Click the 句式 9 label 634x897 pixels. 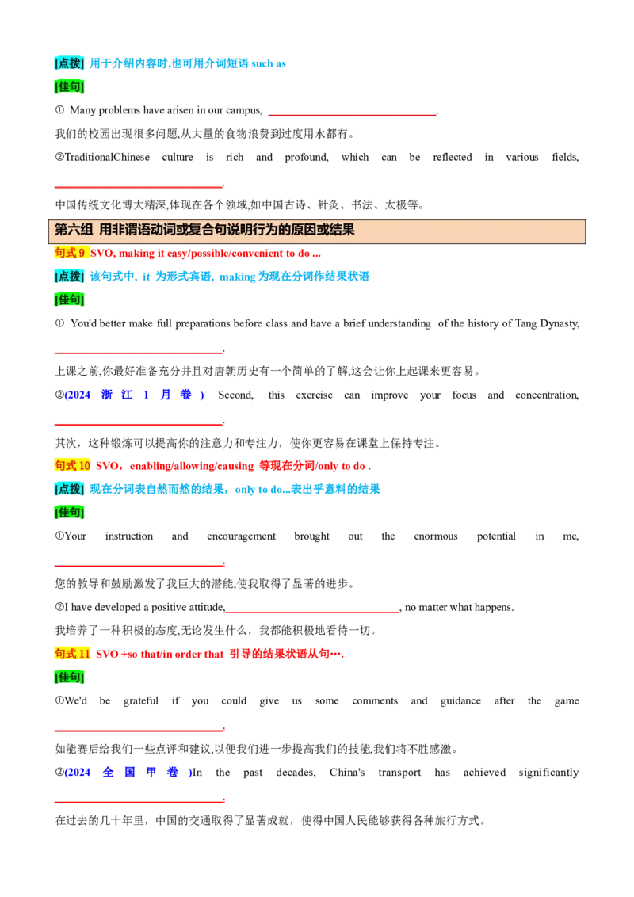(71, 253)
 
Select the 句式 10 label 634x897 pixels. (72, 465)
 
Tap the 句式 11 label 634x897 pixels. (72, 654)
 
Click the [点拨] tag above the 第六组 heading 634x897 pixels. (69, 63)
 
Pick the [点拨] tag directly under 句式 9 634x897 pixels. (69, 276)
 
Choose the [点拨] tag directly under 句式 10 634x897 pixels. (69, 489)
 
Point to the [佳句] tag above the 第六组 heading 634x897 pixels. (69, 86)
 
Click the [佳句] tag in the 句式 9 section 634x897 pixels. (69, 300)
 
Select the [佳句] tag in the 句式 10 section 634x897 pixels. (69, 512)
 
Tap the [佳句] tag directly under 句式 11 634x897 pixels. (69, 677)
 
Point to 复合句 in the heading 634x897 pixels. (202, 230)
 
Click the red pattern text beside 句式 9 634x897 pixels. (207, 254)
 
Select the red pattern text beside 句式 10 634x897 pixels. (234, 466)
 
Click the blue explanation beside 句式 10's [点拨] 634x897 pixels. (235, 489)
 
